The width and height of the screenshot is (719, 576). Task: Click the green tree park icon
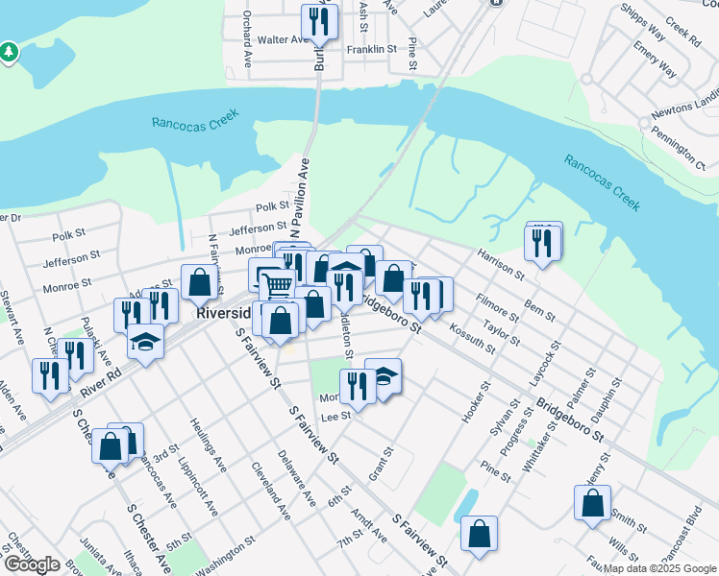click(9, 50)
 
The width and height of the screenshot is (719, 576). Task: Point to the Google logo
click(32, 564)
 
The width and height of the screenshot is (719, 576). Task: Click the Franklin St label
click(372, 48)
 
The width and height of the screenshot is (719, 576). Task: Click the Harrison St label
click(500, 262)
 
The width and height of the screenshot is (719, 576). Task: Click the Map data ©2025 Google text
click(658, 568)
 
